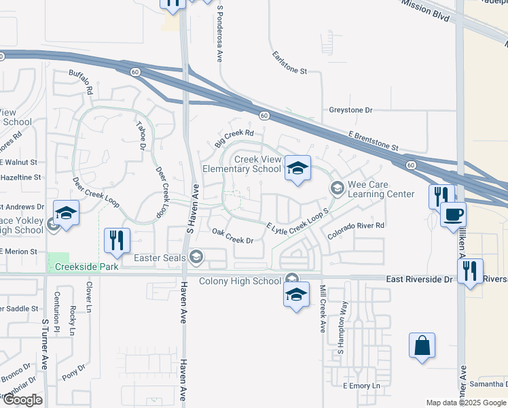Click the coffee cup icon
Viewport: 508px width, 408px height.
click(x=453, y=214)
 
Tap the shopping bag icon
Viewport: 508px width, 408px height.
click(x=422, y=344)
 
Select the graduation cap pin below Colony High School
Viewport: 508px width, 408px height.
click(x=296, y=294)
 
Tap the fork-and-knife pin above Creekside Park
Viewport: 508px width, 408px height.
click(x=117, y=239)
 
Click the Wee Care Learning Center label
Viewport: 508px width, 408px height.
click(x=380, y=189)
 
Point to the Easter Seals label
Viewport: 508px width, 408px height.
click(x=161, y=257)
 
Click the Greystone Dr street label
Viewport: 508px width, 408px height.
click(x=351, y=109)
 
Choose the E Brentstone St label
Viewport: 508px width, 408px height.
click(x=374, y=141)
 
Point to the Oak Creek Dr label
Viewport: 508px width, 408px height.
click(x=232, y=236)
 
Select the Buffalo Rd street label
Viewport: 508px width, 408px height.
click(x=81, y=80)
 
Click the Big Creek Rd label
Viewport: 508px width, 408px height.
click(x=234, y=138)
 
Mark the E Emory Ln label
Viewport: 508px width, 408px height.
click(x=362, y=386)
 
